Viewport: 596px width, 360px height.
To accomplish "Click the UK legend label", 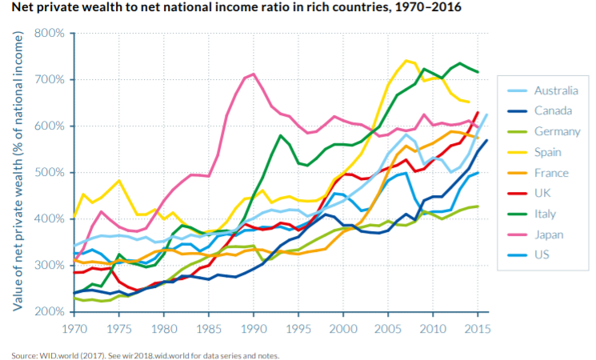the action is tap(542, 193).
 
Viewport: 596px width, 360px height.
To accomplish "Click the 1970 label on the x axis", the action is tap(74, 329).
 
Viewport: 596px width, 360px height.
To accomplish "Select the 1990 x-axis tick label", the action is tap(254, 329).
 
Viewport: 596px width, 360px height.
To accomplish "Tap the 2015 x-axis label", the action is tap(478, 329).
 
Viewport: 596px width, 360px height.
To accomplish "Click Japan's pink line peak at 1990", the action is tap(254, 74).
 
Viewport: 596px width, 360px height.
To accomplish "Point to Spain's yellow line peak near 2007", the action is tap(406, 61).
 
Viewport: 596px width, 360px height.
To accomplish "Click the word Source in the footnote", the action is tap(24, 356).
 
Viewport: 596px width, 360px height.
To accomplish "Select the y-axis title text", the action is tap(18, 171).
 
